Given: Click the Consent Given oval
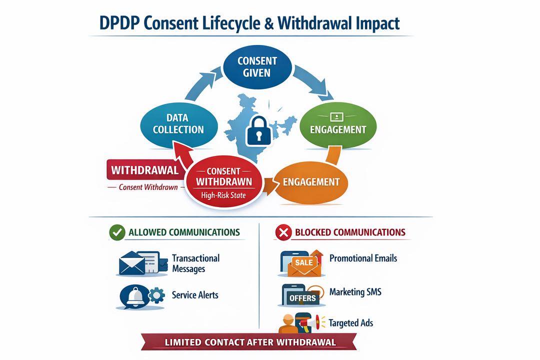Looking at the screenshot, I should pyautogui.click(x=257, y=66).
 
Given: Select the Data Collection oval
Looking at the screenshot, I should pyautogui.click(x=178, y=123).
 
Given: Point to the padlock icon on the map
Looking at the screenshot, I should pyautogui.click(x=257, y=131).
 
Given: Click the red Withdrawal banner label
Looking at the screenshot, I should pyautogui.click(x=144, y=170).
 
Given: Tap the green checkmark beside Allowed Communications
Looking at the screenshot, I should pyautogui.click(x=117, y=232).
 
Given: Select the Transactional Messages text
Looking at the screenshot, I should pyautogui.click(x=195, y=263).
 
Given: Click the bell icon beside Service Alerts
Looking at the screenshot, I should pyautogui.click(x=135, y=296).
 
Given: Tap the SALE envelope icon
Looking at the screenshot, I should pyautogui.click(x=303, y=264).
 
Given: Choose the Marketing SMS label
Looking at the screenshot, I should pyautogui.click(x=355, y=292).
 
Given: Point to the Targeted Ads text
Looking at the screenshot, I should pyautogui.click(x=350, y=323).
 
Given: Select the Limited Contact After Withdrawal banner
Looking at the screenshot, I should pyautogui.click(x=250, y=342).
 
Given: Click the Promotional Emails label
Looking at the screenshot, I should pyautogui.click(x=363, y=258).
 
